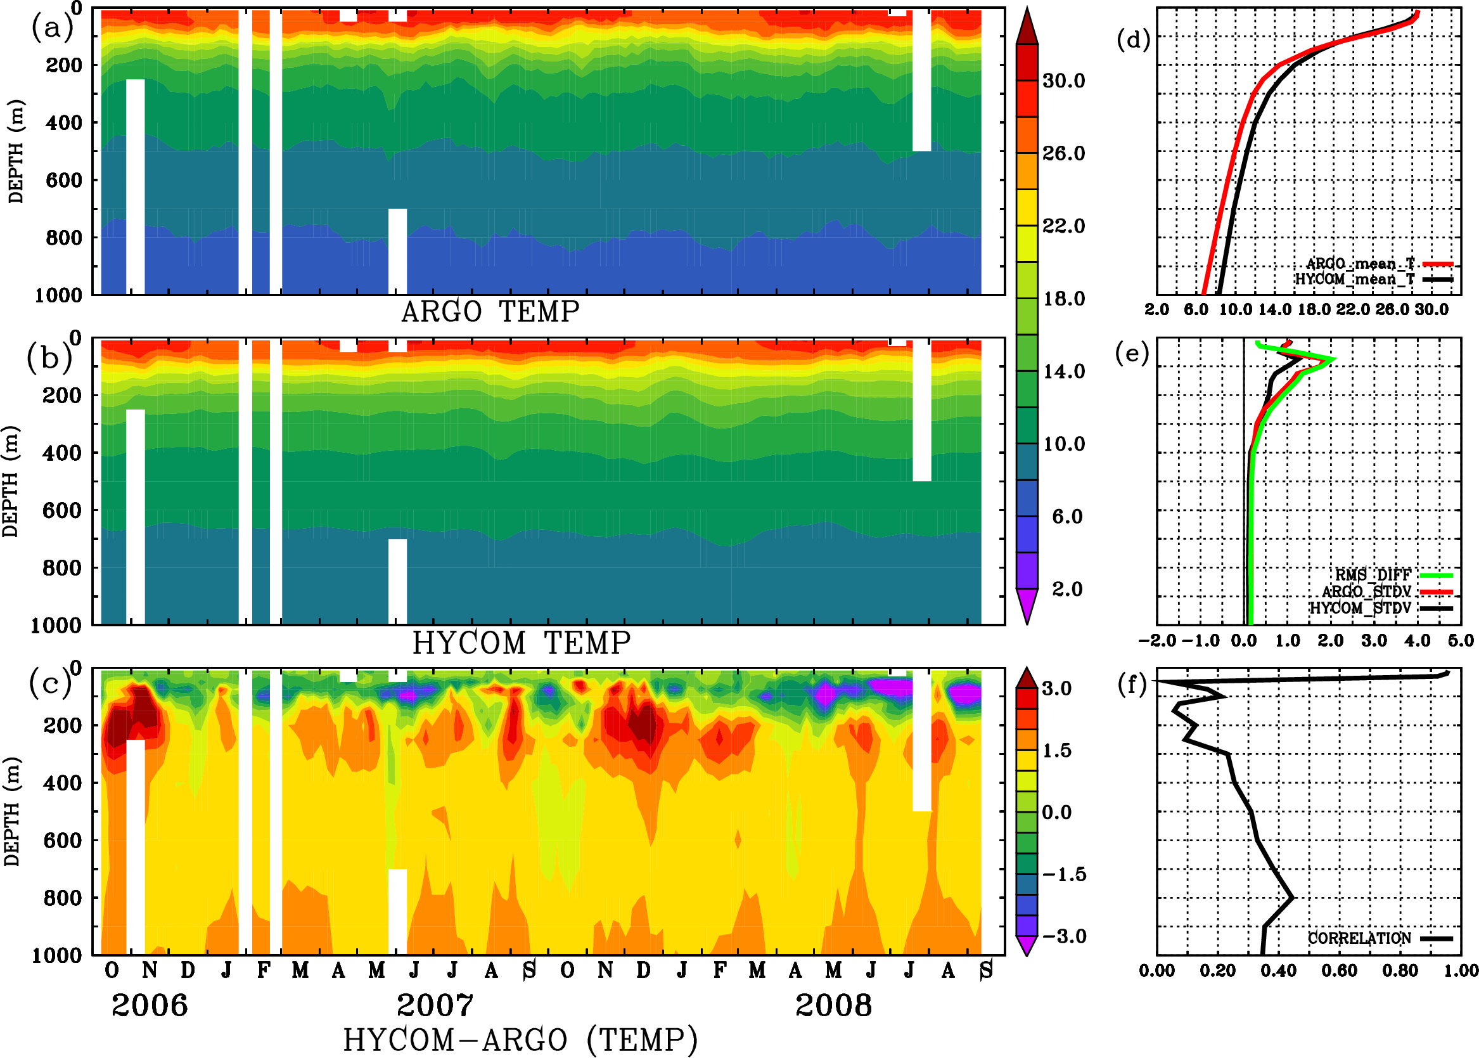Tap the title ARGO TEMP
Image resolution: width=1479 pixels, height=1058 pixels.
pyautogui.click(x=490, y=312)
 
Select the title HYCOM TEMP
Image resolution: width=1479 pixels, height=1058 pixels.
pyautogui.click(x=521, y=643)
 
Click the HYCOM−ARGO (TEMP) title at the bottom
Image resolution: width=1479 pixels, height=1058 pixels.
pyautogui.click(x=520, y=1040)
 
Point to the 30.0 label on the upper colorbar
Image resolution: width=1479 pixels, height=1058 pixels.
pyautogui.click(x=1063, y=81)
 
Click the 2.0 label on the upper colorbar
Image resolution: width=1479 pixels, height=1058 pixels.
pyautogui.click(x=1067, y=589)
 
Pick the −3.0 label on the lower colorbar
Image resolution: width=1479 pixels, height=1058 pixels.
pyautogui.click(x=1064, y=936)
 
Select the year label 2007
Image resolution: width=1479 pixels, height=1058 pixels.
pyautogui.click(x=435, y=1005)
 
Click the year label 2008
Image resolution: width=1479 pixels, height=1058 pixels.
pyautogui.click(x=833, y=1005)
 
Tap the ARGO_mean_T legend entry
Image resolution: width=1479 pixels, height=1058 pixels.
pyautogui.click(x=1361, y=264)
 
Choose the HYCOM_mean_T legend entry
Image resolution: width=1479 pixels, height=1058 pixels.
pyautogui.click(x=1355, y=280)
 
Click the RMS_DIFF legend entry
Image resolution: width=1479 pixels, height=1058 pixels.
pyautogui.click(x=1373, y=575)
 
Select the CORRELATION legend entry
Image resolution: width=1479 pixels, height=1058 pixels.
pyautogui.click(x=1359, y=938)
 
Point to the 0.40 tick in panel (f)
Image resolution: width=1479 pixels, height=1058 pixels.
pyautogui.click(x=1278, y=971)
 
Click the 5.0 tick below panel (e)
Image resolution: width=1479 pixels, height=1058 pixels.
pyautogui.click(x=1461, y=640)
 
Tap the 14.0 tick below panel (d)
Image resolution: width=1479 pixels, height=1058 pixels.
pyautogui.click(x=1274, y=309)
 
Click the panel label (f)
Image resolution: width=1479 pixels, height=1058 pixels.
pyautogui.click(x=1132, y=684)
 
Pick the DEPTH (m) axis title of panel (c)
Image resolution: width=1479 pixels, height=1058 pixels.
pyautogui.click(x=11, y=811)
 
